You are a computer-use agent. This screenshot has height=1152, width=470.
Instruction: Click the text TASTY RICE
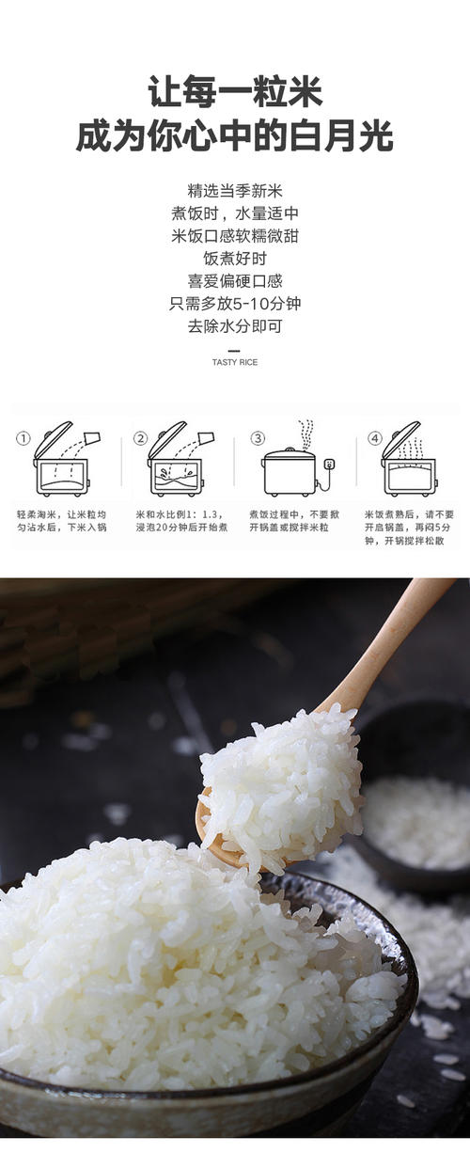point(235,362)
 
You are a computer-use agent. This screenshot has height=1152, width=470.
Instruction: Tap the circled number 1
point(23,438)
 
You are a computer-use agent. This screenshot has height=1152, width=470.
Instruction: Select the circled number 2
point(140,438)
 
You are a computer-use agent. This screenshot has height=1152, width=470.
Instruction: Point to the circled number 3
point(258,438)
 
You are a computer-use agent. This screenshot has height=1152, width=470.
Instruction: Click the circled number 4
point(375,438)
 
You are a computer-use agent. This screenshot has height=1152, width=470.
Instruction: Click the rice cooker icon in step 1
point(62,459)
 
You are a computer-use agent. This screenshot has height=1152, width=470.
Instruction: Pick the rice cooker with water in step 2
point(177,459)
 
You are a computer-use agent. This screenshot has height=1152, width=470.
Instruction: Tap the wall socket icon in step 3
point(330,466)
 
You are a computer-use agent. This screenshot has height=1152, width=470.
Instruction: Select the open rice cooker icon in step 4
point(409,459)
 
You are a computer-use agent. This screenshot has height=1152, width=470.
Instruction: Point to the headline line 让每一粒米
point(235,91)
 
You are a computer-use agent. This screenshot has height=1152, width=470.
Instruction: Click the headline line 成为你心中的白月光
point(235,135)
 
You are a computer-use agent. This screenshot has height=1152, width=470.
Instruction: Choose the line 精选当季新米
point(235,191)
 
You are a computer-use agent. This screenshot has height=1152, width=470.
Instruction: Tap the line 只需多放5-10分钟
point(235,304)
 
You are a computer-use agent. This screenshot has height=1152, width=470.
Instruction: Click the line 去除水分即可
point(235,326)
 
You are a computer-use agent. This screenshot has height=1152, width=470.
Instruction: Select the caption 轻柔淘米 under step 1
point(62,520)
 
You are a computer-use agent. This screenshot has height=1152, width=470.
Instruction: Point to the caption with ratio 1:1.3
point(181,520)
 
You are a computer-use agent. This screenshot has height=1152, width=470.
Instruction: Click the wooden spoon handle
point(391,649)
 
